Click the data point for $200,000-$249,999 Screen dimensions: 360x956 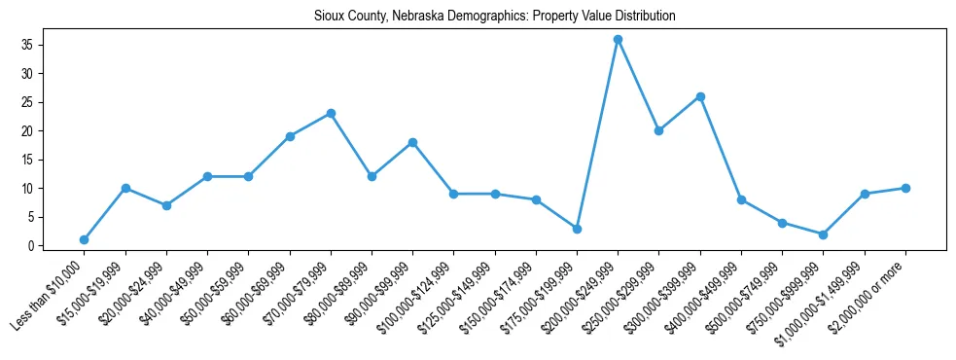618,39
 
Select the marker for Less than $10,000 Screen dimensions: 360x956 85,239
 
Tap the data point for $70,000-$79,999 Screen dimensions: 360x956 331,113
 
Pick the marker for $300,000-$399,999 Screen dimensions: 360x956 700,96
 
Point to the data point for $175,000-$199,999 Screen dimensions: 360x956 577,229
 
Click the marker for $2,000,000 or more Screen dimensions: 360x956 905,188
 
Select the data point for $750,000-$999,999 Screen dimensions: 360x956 823,234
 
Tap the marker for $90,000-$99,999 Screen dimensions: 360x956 412,142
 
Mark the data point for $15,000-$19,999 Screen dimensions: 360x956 125,188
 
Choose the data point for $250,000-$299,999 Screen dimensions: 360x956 658,130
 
